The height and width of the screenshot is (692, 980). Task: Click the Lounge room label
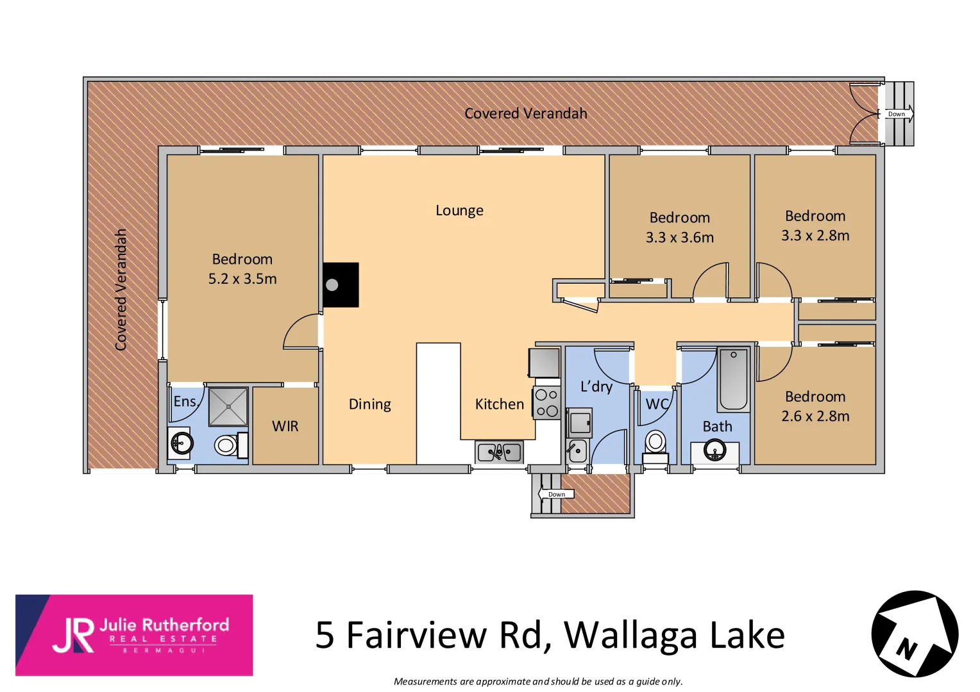459,211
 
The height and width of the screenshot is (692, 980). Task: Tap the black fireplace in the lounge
340,284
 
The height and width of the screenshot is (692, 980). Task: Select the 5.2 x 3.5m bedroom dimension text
242,279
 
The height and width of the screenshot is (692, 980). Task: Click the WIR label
285,427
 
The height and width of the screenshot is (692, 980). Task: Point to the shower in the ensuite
228,406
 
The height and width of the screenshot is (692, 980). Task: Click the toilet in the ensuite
226,445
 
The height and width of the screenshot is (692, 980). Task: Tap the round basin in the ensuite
182,443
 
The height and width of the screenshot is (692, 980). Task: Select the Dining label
370,404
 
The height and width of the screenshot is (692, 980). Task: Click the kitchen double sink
499,452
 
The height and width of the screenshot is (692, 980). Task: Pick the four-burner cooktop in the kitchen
547,403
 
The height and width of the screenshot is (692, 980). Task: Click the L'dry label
596,386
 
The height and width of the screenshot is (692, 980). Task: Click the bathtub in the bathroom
733,379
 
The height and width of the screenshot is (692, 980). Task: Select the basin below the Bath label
715,450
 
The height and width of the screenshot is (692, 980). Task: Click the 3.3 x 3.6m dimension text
680,238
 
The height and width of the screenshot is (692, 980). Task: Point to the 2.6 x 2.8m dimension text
815,416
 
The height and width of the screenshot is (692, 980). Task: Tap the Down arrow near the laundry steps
555,494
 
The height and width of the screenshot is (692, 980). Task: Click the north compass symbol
915,634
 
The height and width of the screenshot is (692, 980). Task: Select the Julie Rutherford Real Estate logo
134,635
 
